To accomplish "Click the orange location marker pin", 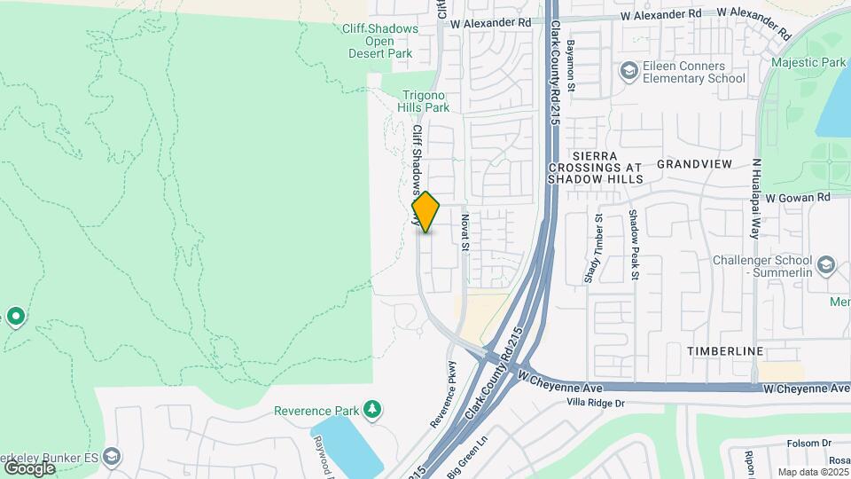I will [x=425, y=212].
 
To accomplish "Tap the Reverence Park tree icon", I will [x=374, y=409].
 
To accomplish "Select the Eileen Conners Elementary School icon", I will [x=628, y=71].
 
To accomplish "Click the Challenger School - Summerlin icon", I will [x=826, y=265].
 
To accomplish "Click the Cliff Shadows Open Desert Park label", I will [x=380, y=41].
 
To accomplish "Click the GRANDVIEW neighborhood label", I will [x=694, y=165].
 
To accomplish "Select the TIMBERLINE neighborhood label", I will [x=725, y=351].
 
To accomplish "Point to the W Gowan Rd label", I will [x=797, y=197].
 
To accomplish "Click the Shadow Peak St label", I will [x=634, y=245].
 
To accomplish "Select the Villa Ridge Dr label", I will [x=596, y=403].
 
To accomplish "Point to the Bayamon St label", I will [x=572, y=65].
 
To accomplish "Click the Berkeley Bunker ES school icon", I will [x=111, y=456].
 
